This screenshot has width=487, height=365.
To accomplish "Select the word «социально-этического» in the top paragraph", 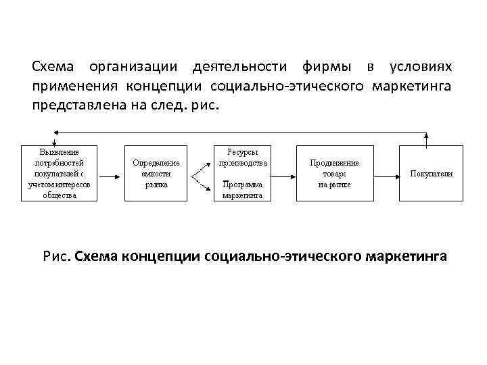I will pos(289,87).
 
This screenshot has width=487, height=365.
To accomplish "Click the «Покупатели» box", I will pos(431,173).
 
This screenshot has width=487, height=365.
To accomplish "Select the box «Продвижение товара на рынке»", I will pos(334,173).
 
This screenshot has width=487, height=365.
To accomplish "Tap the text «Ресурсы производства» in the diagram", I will pos(243,157).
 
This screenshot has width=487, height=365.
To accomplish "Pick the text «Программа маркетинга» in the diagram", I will pos(243,189).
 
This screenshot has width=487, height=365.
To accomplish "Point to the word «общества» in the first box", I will pos(60,195).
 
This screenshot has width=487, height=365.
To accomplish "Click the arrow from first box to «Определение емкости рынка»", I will pos(112,173).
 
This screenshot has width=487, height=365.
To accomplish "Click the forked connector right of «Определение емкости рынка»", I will pos(200,173).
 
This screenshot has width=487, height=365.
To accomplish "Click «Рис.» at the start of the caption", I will pos(57,258).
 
